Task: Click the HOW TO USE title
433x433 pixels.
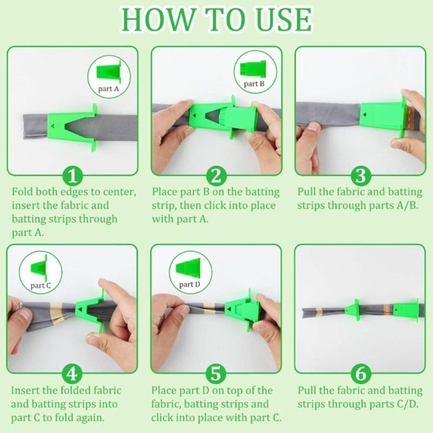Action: [216, 19]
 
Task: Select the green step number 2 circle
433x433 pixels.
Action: [216, 176]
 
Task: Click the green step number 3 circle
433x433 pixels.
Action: [360, 176]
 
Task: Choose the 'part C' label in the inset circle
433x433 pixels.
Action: [41, 285]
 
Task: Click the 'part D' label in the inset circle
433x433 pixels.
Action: [190, 284]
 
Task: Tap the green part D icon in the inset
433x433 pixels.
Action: [190, 269]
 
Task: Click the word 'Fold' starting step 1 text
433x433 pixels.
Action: [23, 192]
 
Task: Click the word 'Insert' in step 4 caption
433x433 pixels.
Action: [25, 390]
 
